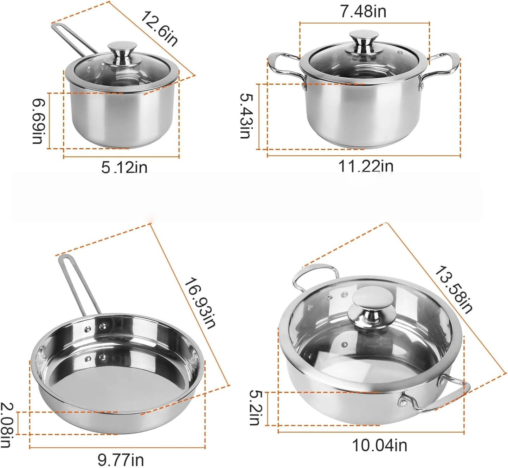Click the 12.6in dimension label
tap(159, 28)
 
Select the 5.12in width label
tap(124, 167)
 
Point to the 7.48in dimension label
tap(363, 12)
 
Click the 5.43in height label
tap(246, 116)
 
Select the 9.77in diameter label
tap(121, 459)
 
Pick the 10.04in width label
tap(380, 446)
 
